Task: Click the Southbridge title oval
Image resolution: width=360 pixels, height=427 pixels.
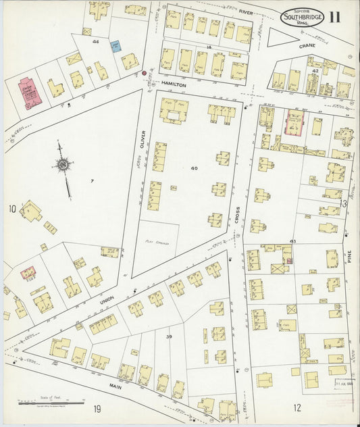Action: (x=303, y=18)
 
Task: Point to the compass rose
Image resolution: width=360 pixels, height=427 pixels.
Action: (x=61, y=164)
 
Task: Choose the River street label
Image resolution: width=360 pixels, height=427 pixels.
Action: (x=245, y=12)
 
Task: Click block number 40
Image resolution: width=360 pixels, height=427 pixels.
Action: (x=195, y=168)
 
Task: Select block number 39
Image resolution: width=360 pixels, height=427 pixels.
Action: (x=170, y=336)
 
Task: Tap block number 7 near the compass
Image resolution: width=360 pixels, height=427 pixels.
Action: (x=91, y=181)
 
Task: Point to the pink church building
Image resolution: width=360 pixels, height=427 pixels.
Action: (x=27, y=95)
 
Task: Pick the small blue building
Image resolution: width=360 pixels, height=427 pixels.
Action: (x=115, y=47)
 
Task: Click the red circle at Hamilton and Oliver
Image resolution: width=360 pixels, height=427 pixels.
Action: (x=144, y=72)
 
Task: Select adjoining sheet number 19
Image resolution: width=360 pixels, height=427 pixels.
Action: (x=97, y=408)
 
